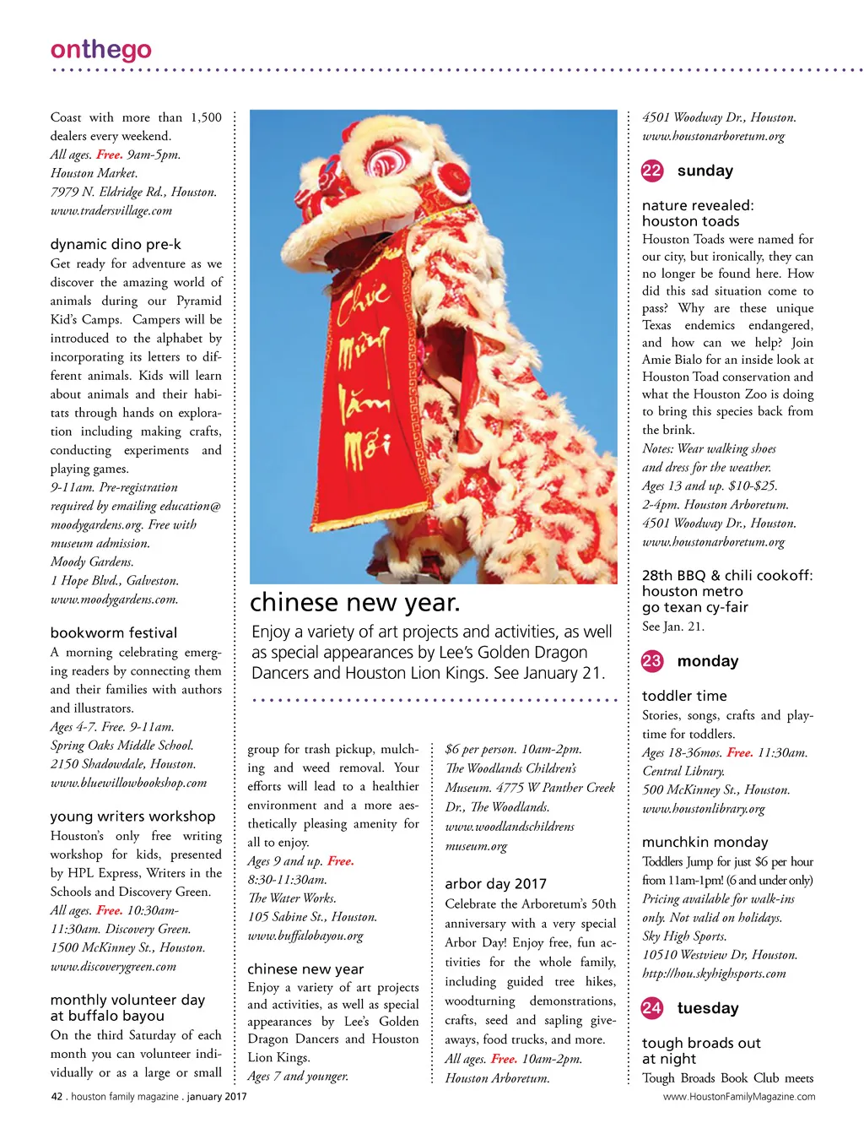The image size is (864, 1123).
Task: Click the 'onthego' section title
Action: [x=101, y=50]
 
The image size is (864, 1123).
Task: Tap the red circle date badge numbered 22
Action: [x=652, y=171]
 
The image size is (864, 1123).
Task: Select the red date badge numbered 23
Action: [x=652, y=661]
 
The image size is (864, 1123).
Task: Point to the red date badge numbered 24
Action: [x=652, y=1007]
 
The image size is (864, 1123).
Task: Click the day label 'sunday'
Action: [x=705, y=171]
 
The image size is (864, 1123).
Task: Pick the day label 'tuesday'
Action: [x=708, y=1008]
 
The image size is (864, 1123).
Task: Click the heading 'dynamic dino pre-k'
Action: [x=116, y=245]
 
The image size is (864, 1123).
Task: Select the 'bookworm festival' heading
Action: [x=114, y=633]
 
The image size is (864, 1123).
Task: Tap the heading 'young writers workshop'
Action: [x=133, y=816]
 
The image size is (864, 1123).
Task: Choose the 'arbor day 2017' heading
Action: [x=496, y=884]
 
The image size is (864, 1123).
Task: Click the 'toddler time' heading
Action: [x=684, y=697]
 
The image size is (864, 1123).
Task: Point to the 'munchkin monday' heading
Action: [x=705, y=842]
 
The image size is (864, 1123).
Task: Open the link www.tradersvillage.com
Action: [x=111, y=211]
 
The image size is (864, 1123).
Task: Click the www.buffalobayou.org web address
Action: [x=305, y=936]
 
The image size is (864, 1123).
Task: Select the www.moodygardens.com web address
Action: [x=114, y=599]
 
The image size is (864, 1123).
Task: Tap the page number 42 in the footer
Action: [x=57, y=1097]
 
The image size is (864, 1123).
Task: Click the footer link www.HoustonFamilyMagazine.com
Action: [x=739, y=1097]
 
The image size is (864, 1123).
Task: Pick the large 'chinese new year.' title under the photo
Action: [x=355, y=603]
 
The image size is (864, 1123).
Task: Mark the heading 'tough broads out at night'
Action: [x=701, y=1050]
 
